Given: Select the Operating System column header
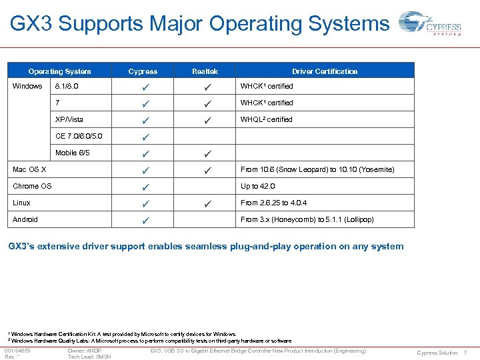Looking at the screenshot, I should pos(59,71).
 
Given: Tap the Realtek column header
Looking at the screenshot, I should pos(205,71).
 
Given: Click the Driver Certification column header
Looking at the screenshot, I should pos(325,71).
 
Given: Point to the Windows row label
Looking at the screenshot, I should pos(28,86).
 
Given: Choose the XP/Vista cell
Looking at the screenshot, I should pos(69,119).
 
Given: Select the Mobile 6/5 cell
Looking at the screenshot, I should pos(73,153).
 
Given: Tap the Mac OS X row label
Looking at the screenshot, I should pos(30,169).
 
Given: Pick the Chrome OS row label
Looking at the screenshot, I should pos(32,186).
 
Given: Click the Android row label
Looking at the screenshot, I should pos(26,219).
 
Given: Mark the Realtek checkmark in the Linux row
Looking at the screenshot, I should pos(208,203).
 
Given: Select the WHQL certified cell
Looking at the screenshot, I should pos(266,119).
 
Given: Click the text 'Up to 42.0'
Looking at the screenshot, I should pos(257,186).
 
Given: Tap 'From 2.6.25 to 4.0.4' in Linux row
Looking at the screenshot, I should pos(273,203).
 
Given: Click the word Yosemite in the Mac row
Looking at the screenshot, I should pos(358,169).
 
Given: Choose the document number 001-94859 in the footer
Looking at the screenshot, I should pos(19,351).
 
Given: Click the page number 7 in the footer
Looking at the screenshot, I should pos(465,353).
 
